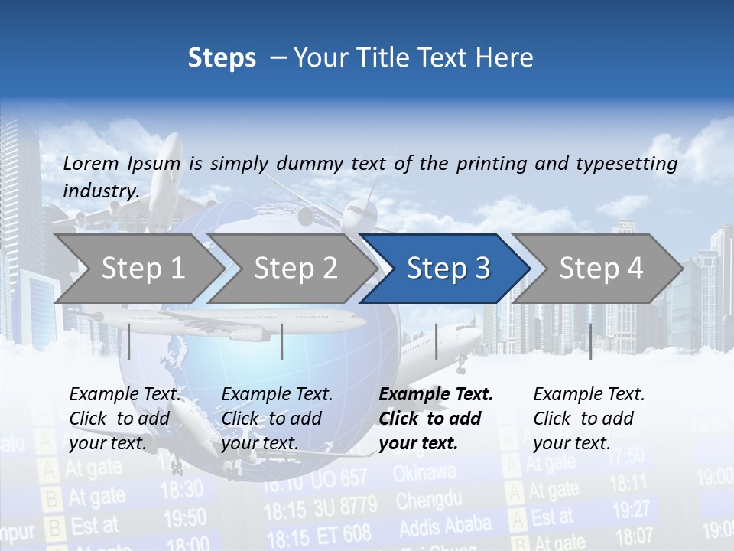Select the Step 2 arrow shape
point(294,268)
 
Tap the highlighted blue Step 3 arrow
point(447,268)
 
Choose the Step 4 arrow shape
point(600,268)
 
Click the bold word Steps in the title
point(222,57)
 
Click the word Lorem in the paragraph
point(89,163)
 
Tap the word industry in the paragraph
point(100,191)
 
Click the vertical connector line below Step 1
point(129,341)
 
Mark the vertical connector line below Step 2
point(282,341)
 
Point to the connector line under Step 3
point(436,341)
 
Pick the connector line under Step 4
point(590,341)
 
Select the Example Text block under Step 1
point(125,419)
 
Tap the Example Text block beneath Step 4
point(589,419)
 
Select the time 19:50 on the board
point(184,518)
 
